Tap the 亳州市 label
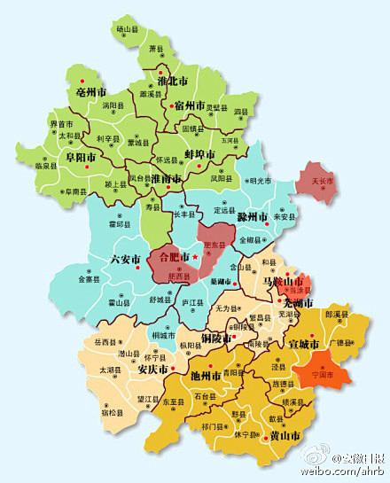(x=90, y=92)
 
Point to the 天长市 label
(x=323, y=181)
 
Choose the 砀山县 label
(x=128, y=29)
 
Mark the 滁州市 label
(x=253, y=216)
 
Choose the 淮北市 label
(x=172, y=81)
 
